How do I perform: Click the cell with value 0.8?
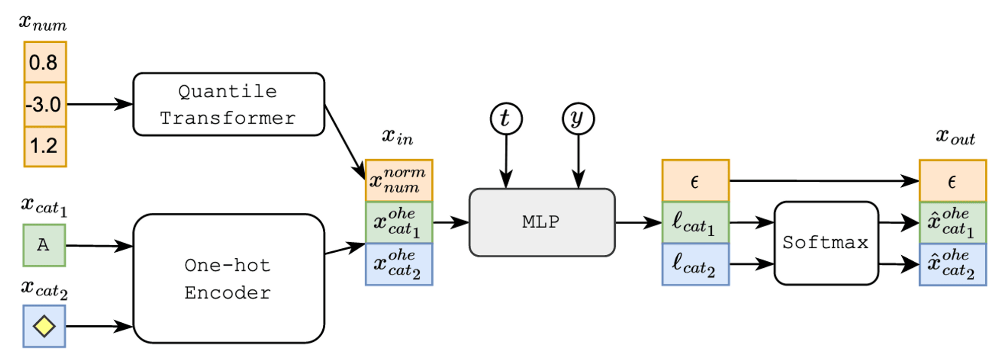(45, 62)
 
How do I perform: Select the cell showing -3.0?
(45, 104)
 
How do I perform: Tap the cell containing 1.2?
(45, 146)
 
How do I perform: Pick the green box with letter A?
(44, 245)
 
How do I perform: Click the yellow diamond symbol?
(44, 326)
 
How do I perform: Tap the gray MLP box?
(542, 222)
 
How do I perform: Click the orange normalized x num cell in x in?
(399, 181)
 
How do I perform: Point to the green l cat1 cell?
(695, 223)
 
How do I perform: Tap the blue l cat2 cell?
(695, 264)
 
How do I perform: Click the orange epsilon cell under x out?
(953, 181)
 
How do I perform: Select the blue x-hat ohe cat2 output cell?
(953, 264)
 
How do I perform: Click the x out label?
(955, 136)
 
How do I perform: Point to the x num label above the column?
(43, 23)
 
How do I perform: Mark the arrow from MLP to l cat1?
(638, 222)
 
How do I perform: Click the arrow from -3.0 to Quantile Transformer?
(100, 104)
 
